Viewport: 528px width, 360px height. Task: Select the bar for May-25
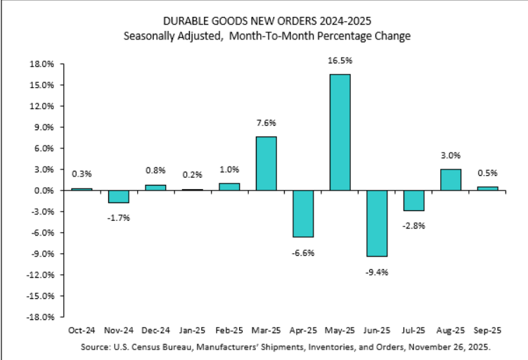pyautogui.click(x=340, y=132)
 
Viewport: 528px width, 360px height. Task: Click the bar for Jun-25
pyautogui.click(x=377, y=224)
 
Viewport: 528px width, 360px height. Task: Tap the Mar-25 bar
pyautogui.click(x=266, y=163)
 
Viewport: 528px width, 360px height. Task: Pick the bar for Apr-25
pyautogui.click(x=303, y=214)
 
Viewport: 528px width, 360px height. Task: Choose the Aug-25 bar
pyautogui.click(x=451, y=180)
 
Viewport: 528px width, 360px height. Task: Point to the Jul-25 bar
pyautogui.click(x=413, y=200)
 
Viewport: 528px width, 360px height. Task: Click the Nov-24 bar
pyautogui.click(x=118, y=197)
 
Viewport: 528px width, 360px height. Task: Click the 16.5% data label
pyautogui.click(x=340, y=61)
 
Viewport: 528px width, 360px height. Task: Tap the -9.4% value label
pyautogui.click(x=377, y=269)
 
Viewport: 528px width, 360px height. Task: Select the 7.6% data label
pyautogui.click(x=266, y=123)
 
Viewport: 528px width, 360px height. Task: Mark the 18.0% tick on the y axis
pyautogui.click(x=43, y=64)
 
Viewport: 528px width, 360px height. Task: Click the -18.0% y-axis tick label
pyautogui.click(x=41, y=317)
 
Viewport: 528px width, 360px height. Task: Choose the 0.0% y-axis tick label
pyautogui.click(x=44, y=191)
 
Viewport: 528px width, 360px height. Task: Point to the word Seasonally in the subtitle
pyautogui.click(x=150, y=34)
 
